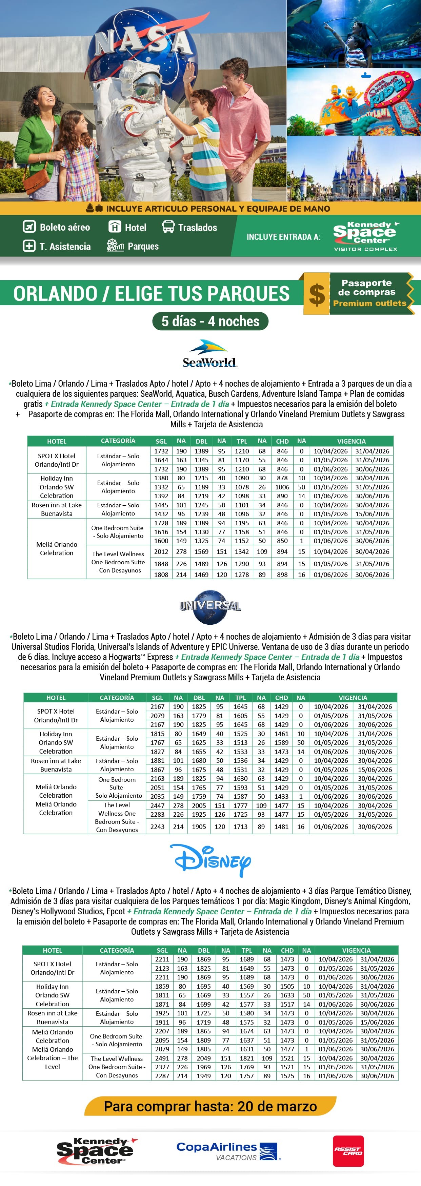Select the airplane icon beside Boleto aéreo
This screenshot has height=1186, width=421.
click(x=29, y=227)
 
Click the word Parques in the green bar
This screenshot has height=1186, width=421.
click(x=143, y=246)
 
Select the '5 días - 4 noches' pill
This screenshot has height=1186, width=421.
click(x=210, y=321)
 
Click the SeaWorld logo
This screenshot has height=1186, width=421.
click(x=210, y=354)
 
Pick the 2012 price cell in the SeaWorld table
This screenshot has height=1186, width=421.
click(x=161, y=551)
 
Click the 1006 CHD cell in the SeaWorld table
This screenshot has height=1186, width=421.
click(x=282, y=487)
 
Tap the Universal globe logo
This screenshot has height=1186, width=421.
click(x=210, y=606)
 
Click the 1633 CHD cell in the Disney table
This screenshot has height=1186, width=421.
click(x=287, y=995)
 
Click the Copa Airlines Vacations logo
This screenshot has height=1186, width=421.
click(x=228, y=1151)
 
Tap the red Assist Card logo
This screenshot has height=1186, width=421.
click(x=348, y=1151)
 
